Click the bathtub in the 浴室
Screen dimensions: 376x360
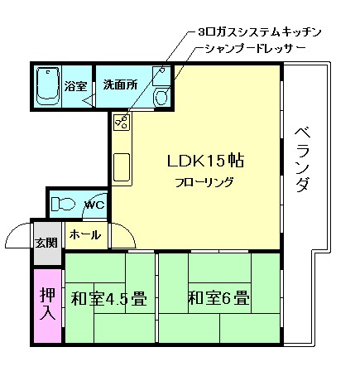(x=47, y=86)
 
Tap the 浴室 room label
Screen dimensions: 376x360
(x=76, y=86)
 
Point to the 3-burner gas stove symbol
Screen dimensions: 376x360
(x=122, y=123)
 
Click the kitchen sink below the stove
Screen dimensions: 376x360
(x=122, y=169)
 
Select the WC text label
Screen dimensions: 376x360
(x=94, y=205)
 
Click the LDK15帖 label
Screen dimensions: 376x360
(x=204, y=160)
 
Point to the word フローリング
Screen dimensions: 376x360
(x=204, y=182)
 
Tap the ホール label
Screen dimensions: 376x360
(x=84, y=235)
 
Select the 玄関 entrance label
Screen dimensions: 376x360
(x=46, y=242)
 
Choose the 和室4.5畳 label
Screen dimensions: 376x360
(x=108, y=298)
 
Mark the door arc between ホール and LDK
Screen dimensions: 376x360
(x=122, y=239)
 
